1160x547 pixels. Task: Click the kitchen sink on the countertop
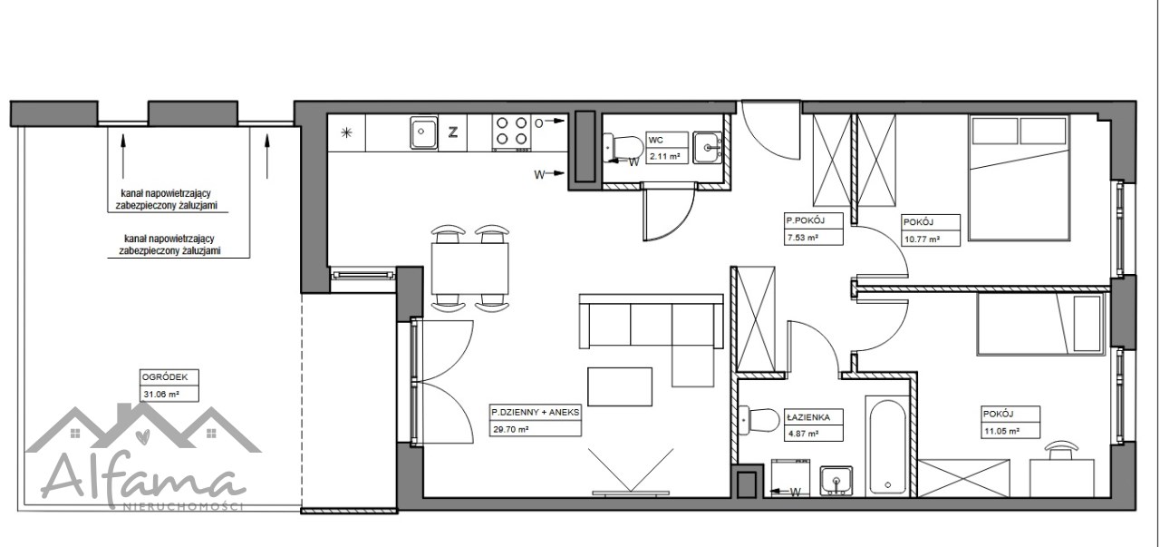click(423, 132)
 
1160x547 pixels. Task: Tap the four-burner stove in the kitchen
click(511, 132)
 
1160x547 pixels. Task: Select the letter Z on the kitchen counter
click(452, 132)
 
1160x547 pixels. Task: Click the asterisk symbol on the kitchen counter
click(346, 132)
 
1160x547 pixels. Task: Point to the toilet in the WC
click(623, 148)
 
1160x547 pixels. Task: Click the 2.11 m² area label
click(664, 155)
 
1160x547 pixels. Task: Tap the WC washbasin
click(708, 147)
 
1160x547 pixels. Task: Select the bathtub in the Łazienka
click(887, 447)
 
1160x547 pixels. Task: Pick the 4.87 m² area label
click(803, 434)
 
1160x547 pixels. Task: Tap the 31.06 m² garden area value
click(161, 394)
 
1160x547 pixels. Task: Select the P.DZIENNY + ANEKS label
click(536, 412)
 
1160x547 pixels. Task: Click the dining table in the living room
click(469, 269)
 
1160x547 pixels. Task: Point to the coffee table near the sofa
click(619, 386)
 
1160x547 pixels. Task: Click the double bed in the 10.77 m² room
click(1019, 177)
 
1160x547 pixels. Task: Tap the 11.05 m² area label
click(1002, 431)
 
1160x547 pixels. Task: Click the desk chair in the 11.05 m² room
click(1061, 450)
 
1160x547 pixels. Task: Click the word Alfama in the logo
click(143, 481)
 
